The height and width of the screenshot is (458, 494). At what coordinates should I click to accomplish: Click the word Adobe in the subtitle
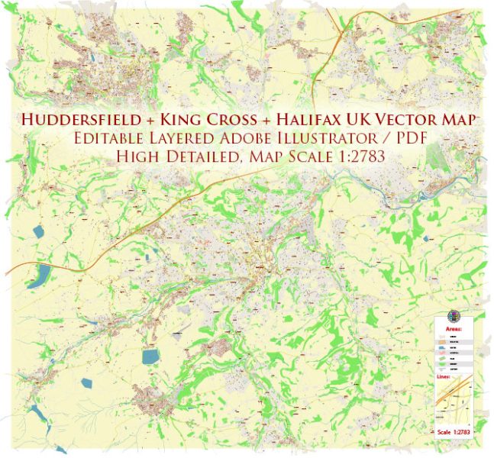click(x=238, y=138)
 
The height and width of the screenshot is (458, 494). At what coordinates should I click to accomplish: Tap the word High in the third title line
click(x=133, y=156)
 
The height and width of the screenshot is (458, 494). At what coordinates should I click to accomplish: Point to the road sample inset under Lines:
click(x=457, y=402)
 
